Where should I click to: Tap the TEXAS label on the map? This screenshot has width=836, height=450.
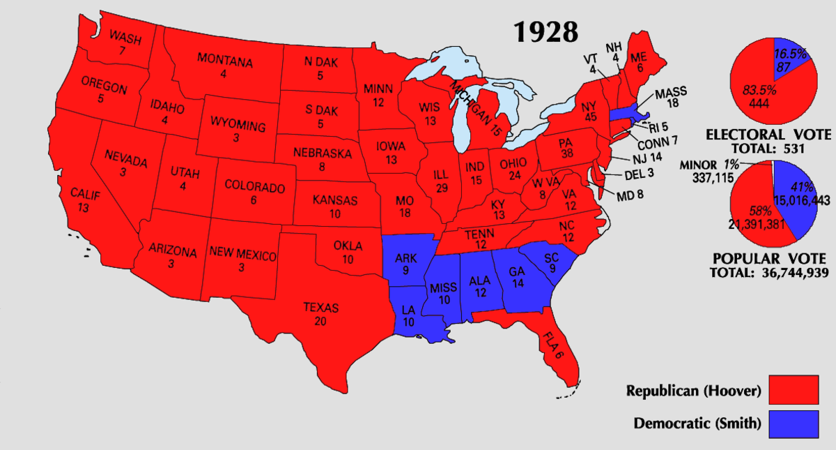point(320,307)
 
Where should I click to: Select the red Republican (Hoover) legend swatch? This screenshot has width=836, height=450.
point(794,390)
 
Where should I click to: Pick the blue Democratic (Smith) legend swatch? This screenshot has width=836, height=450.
point(794,423)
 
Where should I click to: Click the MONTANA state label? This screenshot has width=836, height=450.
point(224,61)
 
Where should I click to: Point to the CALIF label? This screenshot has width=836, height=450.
point(83,194)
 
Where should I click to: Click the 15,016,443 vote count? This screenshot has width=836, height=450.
point(801,200)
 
